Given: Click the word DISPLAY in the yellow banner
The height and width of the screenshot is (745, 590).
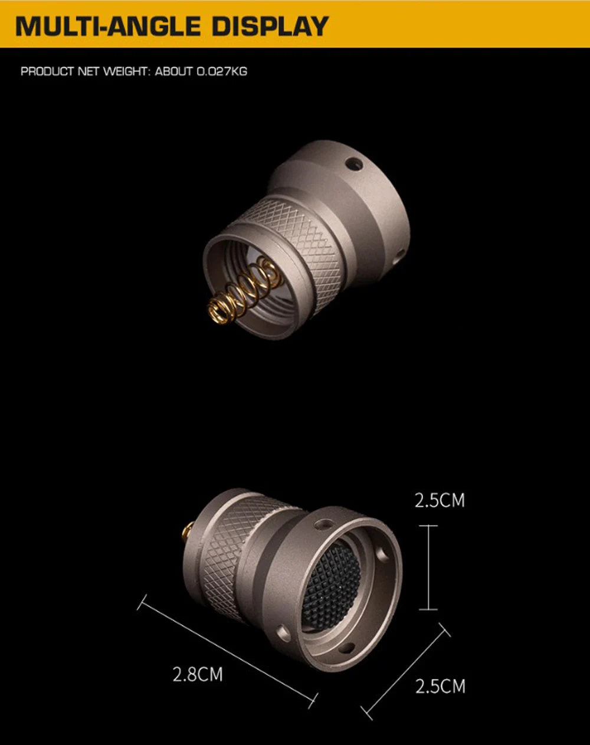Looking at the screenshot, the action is point(270,26).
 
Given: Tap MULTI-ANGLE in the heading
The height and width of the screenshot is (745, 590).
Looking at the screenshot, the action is point(109,26).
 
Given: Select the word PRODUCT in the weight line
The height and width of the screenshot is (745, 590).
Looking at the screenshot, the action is point(47,71).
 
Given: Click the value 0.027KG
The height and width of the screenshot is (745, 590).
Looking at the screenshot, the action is point(222,71).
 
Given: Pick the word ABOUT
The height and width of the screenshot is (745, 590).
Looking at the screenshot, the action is point(173,71).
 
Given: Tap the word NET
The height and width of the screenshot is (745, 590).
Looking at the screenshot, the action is point(88,71).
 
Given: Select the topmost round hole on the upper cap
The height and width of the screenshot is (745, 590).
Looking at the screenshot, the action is point(353,164).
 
